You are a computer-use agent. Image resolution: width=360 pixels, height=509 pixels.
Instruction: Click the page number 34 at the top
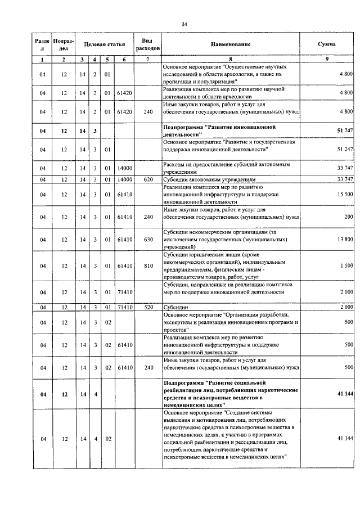coord(184,24)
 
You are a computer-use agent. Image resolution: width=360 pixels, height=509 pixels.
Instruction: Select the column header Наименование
coord(231,44)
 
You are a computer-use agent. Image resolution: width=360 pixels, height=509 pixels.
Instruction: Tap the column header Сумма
coord(327,44)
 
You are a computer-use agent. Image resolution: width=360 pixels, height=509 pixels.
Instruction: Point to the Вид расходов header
coord(147,44)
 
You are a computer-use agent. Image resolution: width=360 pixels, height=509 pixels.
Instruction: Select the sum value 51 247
coord(344,149)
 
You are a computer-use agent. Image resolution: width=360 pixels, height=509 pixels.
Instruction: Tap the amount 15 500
coord(344,194)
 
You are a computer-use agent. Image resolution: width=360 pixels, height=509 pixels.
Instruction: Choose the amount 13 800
coord(344,240)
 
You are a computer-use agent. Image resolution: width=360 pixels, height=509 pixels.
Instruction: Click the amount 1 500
coord(346,265)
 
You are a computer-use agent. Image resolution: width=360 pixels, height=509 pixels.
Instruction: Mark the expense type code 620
coord(147,179)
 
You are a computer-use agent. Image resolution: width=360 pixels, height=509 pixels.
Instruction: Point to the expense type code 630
coord(147,240)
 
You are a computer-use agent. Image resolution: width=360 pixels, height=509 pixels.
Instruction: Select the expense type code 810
coord(147,265)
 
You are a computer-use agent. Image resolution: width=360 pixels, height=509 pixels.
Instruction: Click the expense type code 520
coord(147,307)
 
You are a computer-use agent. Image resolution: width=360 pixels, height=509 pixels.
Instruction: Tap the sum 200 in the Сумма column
coord(348,217)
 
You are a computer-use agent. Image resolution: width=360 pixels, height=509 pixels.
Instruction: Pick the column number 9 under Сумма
coord(327,59)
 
